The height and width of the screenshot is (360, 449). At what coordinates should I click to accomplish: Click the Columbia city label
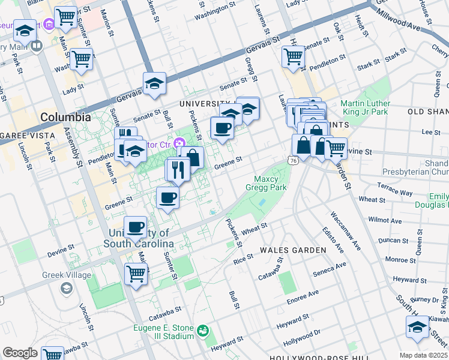click(x=65, y=117)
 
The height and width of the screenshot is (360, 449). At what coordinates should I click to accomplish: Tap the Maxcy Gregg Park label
click(x=270, y=183)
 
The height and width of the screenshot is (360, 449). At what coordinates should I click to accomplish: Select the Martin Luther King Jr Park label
click(x=365, y=107)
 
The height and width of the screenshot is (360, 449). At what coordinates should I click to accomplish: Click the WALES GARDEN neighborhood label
click(x=293, y=250)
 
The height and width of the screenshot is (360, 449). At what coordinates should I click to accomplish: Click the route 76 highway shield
click(x=292, y=161)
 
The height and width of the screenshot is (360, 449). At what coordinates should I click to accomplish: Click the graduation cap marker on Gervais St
click(x=154, y=84)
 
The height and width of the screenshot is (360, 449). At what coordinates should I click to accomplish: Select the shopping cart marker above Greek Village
click(x=136, y=274)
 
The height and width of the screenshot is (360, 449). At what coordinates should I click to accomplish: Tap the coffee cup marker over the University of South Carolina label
click(x=136, y=227)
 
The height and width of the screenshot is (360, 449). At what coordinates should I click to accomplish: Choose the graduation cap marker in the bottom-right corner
click(x=417, y=327)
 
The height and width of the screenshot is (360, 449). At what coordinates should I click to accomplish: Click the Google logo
click(x=20, y=353)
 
